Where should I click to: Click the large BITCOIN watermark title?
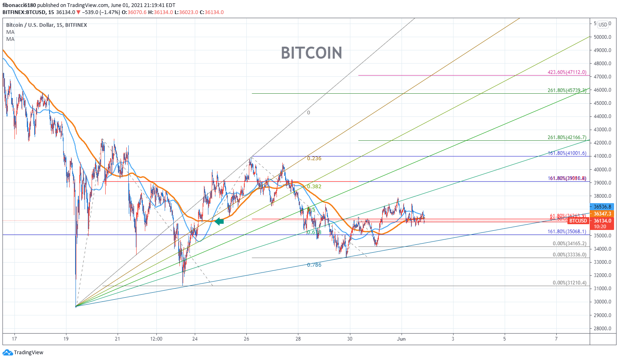(x=312, y=53)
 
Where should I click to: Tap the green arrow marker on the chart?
(x=219, y=222)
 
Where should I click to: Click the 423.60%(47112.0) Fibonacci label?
(x=567, y=72)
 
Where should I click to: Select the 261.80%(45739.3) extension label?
(x=567, y=90)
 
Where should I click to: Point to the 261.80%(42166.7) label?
(x=567, y=137)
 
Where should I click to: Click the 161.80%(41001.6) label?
(x=567, y=153)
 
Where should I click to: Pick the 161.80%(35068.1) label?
(x=567, y=232)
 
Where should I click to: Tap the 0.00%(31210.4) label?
(x=569, y=283)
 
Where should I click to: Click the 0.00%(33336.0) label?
(x=569, y=255)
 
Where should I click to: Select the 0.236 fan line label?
(x=314, y=159)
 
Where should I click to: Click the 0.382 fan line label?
(x=314, y=187)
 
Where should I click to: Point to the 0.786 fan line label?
(x=314, y=265)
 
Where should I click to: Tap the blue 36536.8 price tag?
(x=602, y=206)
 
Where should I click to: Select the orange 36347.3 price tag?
(x=602, y=214)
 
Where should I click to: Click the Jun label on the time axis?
(x=401, y=339)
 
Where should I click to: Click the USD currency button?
(x=603, y=25)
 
